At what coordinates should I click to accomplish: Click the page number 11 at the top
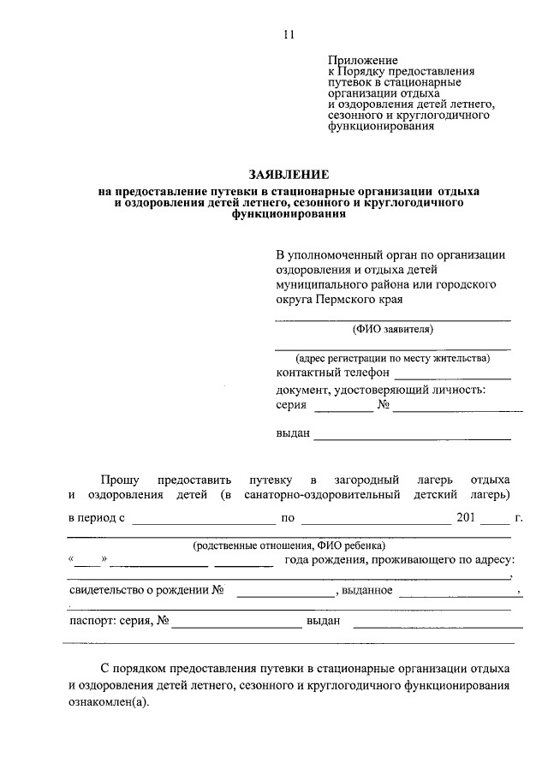(x=289, y=35)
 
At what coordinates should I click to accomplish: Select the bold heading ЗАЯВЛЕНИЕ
(x=289, y=174)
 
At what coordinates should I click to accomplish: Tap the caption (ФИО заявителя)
(x=393, y=328)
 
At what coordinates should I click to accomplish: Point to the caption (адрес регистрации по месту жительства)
(x=393, y=358)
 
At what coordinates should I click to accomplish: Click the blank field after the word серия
(x=348, y=409)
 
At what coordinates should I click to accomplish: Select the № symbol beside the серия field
(x=384, y=406)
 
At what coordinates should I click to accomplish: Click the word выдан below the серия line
(x=293, y=433)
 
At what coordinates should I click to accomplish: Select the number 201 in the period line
(x=466, y=517)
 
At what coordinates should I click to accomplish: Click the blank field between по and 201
(x=377, y=520)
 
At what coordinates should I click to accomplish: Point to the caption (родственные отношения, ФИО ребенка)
(x=289, y=545)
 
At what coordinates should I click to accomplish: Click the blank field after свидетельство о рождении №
(x=284, y=593)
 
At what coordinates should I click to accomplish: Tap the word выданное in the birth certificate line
(x=368, y=590)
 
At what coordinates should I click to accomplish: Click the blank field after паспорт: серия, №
(x=236, y=625)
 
